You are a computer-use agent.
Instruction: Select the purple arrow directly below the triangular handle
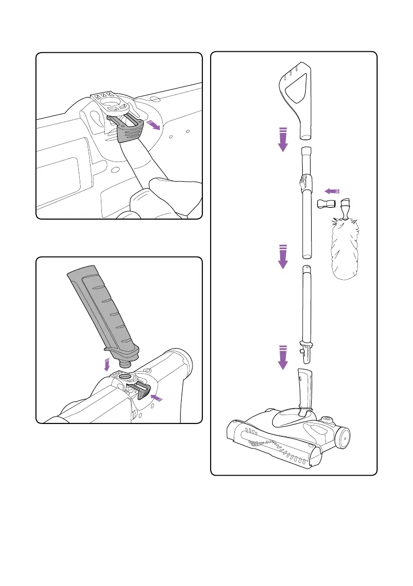pyautogui.click(x=283, y=140)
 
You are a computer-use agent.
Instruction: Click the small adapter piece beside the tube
pyautogui.click(x=325, y=204)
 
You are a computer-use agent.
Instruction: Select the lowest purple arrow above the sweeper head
pyautogui.click(x=283, y=358)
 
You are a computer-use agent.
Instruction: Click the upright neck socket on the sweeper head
pyautogui.click(x=303, y=389)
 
